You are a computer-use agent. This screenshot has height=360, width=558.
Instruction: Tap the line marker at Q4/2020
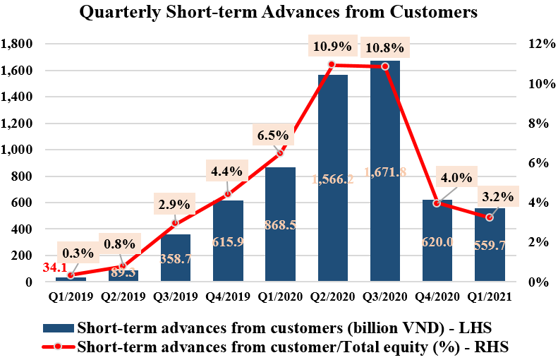437,203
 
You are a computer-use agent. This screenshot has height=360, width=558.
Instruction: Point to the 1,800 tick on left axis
18,44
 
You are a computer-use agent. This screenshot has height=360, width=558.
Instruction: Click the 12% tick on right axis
534,44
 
